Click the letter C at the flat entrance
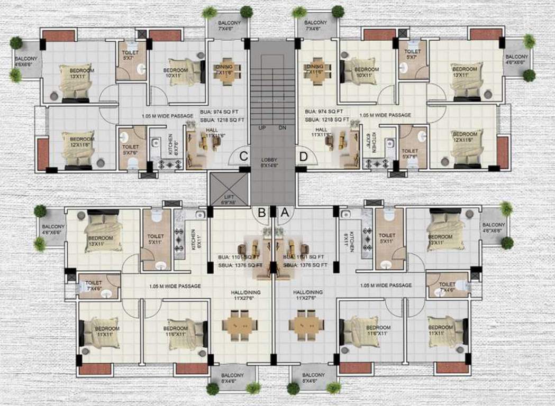[244, 156]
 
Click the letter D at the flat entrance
[303, 156]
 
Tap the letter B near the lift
[261, 213]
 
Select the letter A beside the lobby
[284, 213]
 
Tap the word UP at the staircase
[262, 128]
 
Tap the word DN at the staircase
[282, 128]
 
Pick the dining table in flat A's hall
[307, 324]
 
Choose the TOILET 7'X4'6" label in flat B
[94, 285]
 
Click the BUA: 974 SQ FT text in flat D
[324, 112]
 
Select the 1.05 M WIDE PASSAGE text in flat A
[386, 285]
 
